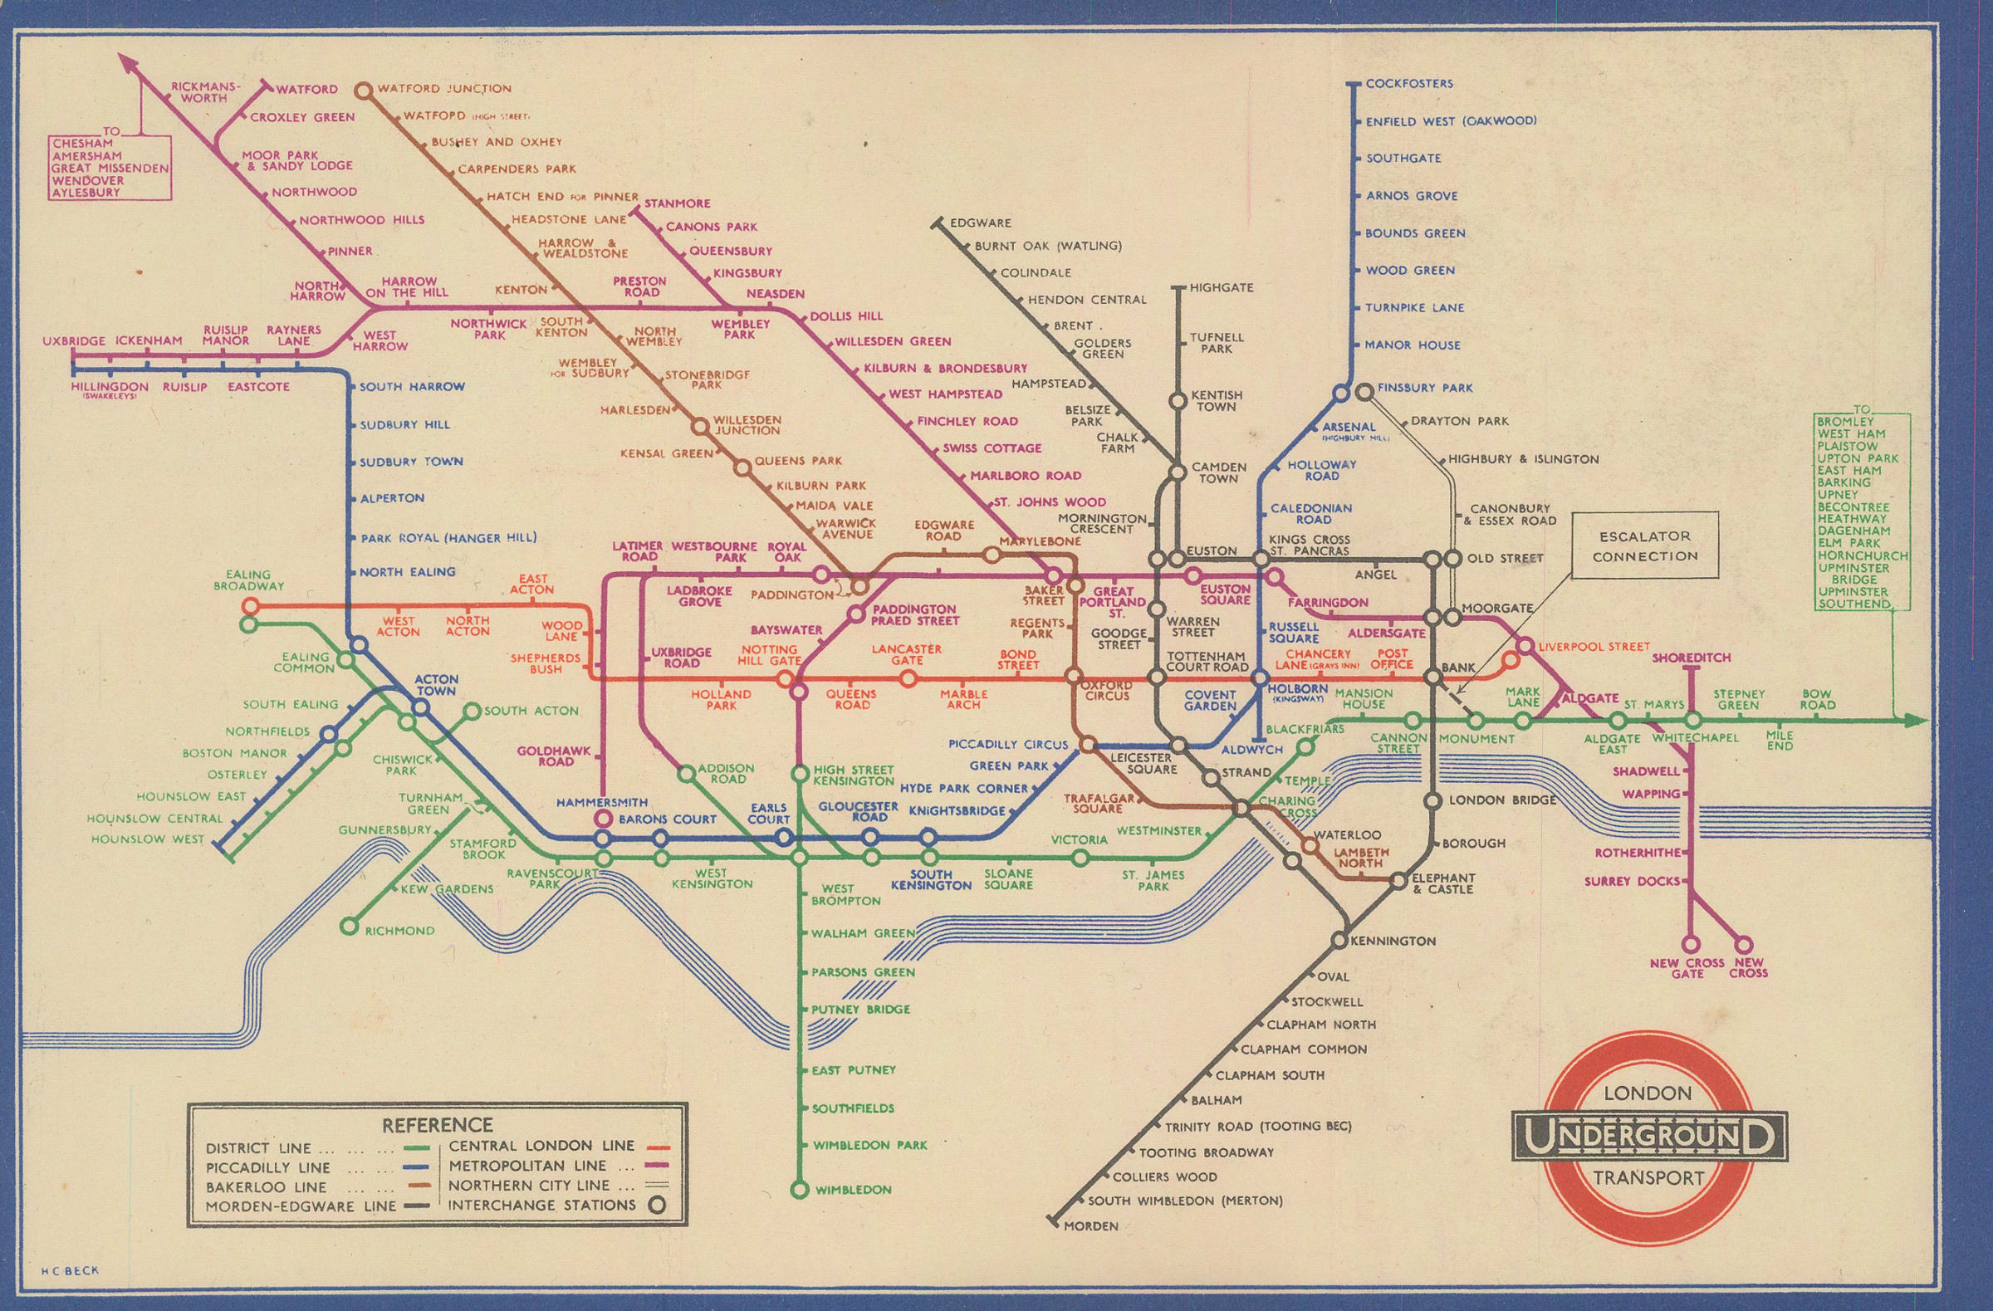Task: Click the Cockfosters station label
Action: coord(1408,84)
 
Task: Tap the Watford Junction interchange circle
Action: coord(364,90)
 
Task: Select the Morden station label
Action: coord(1090,1225)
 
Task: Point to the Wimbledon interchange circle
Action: coord(800,1189)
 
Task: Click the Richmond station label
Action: coord(399,931)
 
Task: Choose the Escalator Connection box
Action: coord(1645,545)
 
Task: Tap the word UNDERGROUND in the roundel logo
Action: coord(1648,1136)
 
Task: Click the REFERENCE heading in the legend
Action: coord(437,1124)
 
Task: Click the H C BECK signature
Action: coord(70,1270)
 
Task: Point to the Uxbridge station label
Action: coord(74,340)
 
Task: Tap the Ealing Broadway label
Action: coord(247,580)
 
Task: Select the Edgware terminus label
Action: coord(981,223)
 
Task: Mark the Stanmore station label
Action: coord(677,203)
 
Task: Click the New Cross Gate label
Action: coord(1687,969)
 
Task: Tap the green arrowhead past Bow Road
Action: coord(1917,720)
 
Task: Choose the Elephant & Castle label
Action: coord(1442,883)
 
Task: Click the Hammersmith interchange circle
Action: coord(602,819)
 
